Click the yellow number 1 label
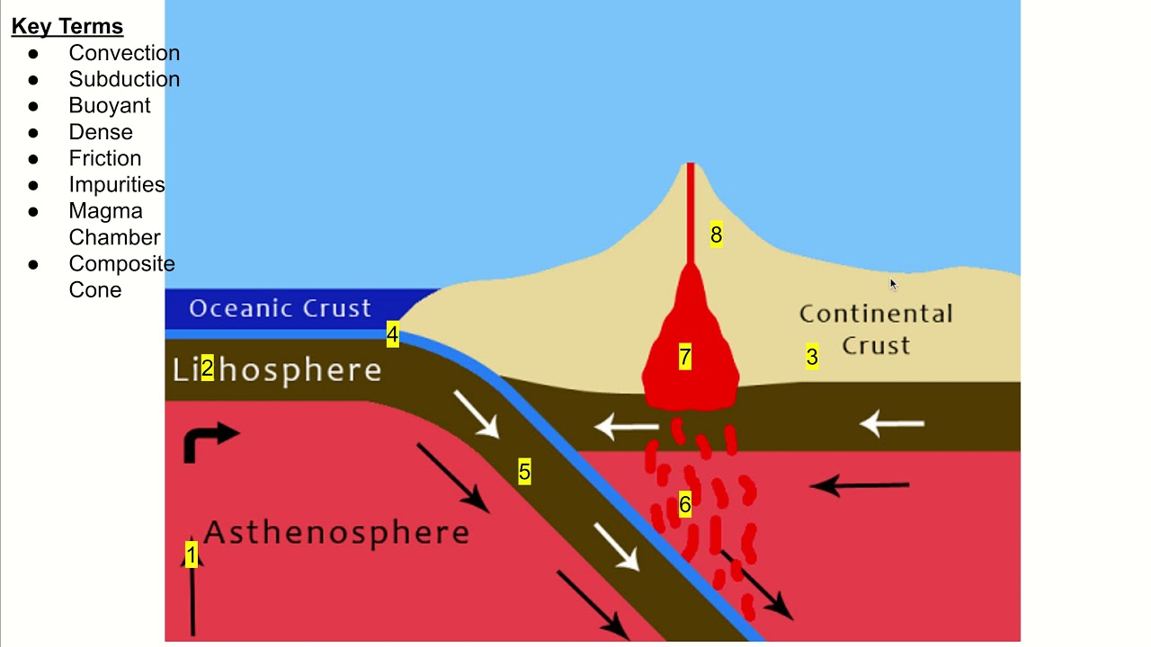coord(191,554)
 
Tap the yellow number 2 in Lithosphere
coord(208,368)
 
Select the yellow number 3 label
coord(812,357)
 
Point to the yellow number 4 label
coord(392,335)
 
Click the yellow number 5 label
coord(524,472)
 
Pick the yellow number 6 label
coord(685,505)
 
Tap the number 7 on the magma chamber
coord(685,358)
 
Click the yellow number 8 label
coord(716,235)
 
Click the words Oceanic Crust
coord(280,308)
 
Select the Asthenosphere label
coord(336,532)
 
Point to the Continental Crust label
coord(876,329)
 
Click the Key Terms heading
coord(67,26)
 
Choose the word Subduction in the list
coord(124,79)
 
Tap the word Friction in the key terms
coord(105,158)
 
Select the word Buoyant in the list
coord(110,105)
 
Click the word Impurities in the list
coord(117,184)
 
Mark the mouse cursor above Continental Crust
coord(893,284)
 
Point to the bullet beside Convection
coord(33,53)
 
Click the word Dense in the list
coord(101,132)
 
